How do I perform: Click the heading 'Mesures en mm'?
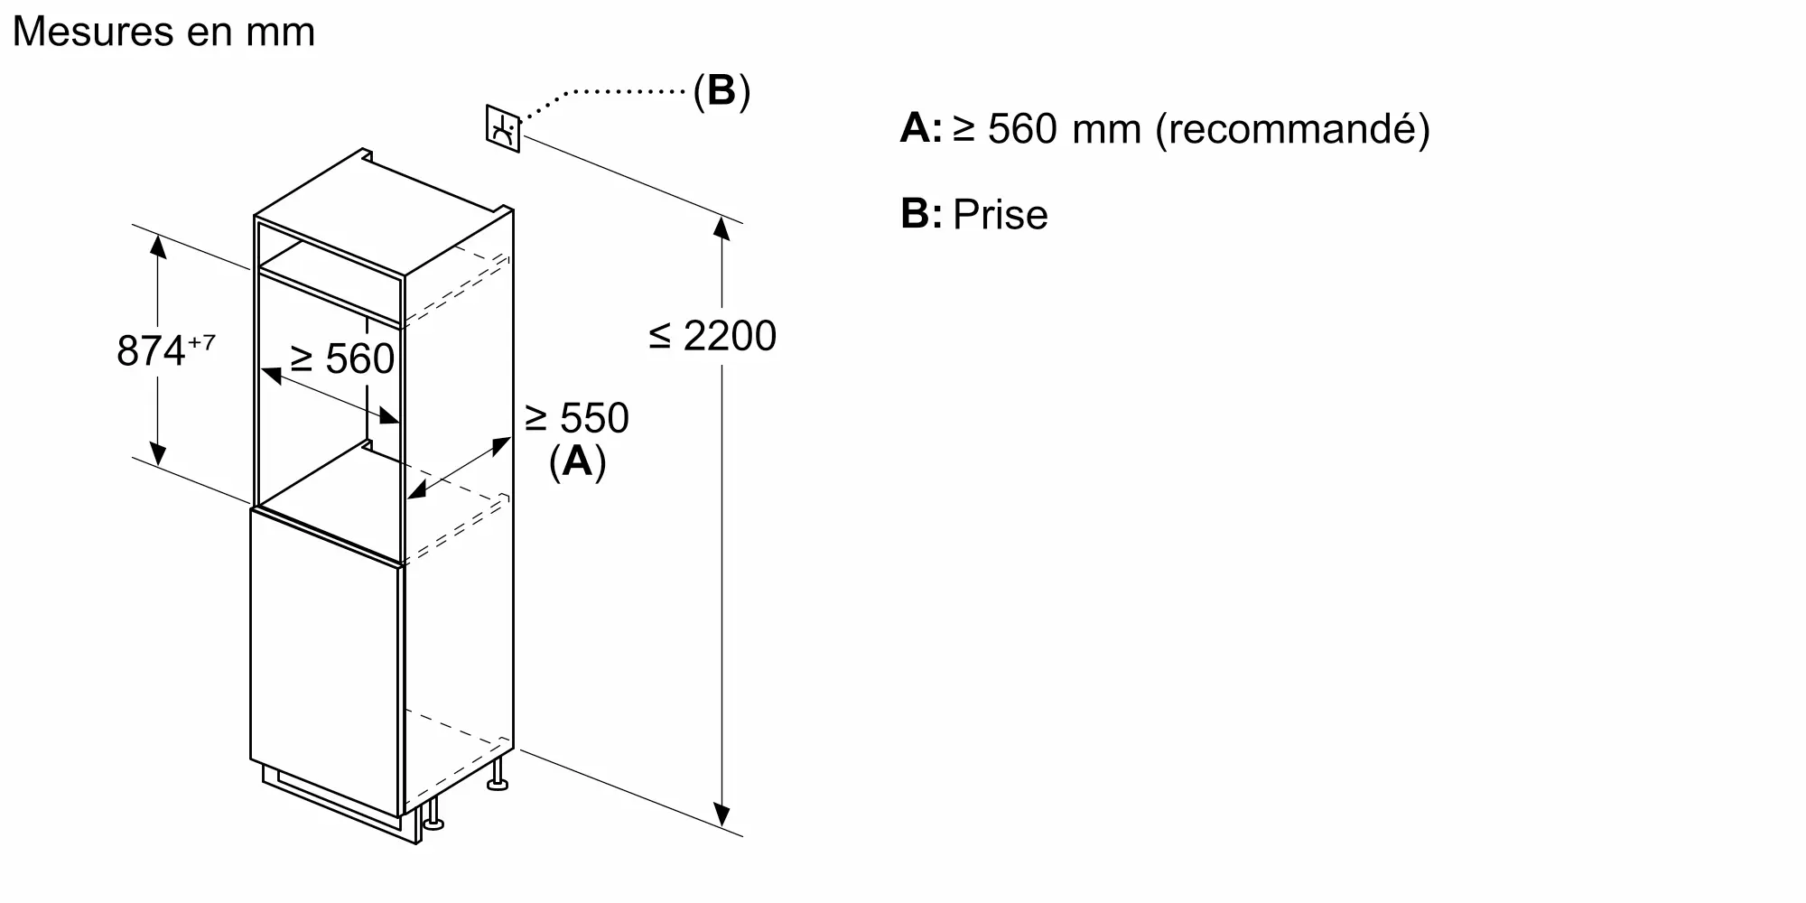(163, 33)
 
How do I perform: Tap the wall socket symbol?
(503, 128)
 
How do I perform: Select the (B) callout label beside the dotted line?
(721, 90)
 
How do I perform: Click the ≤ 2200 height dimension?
(712, 336)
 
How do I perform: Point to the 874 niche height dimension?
(151, 350)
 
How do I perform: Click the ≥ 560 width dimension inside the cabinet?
(342, 359)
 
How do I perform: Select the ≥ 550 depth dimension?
(577, 418)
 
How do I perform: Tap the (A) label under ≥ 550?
(577, 461)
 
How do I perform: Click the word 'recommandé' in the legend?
(1292, 129)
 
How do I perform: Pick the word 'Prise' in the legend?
(1001, 215)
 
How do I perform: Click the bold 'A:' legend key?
(920, 128)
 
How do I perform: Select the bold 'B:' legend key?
(920, 214)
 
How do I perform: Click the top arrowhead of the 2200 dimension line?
(721, 228)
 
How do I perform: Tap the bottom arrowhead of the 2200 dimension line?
(721, 815)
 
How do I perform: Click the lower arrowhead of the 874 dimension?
(158, 455)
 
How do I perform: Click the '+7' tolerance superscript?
(201, 342)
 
